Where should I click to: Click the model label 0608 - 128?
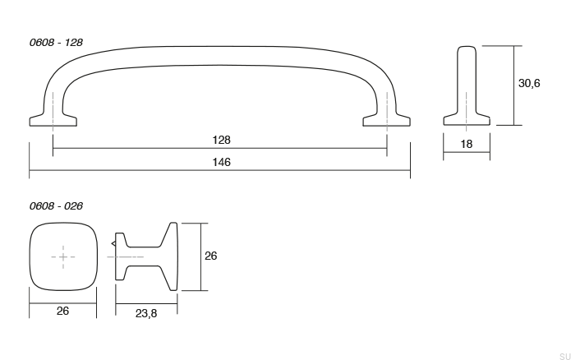pos(56,40)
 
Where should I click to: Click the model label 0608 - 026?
pos(56,205)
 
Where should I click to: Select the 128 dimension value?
pos(219,141)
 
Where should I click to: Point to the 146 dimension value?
pos(219,163)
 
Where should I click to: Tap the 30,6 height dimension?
pos(529,84)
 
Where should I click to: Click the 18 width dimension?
pos(467,144)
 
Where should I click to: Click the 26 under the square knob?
pos(62,311)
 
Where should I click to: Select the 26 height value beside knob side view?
pos(210,256)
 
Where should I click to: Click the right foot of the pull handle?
pos(387,120)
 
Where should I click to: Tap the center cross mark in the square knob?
pos(63,257)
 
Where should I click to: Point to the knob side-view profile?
pos(146,256)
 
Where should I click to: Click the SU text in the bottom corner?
pos(563,353)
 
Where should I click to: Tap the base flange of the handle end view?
pos(467,120)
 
